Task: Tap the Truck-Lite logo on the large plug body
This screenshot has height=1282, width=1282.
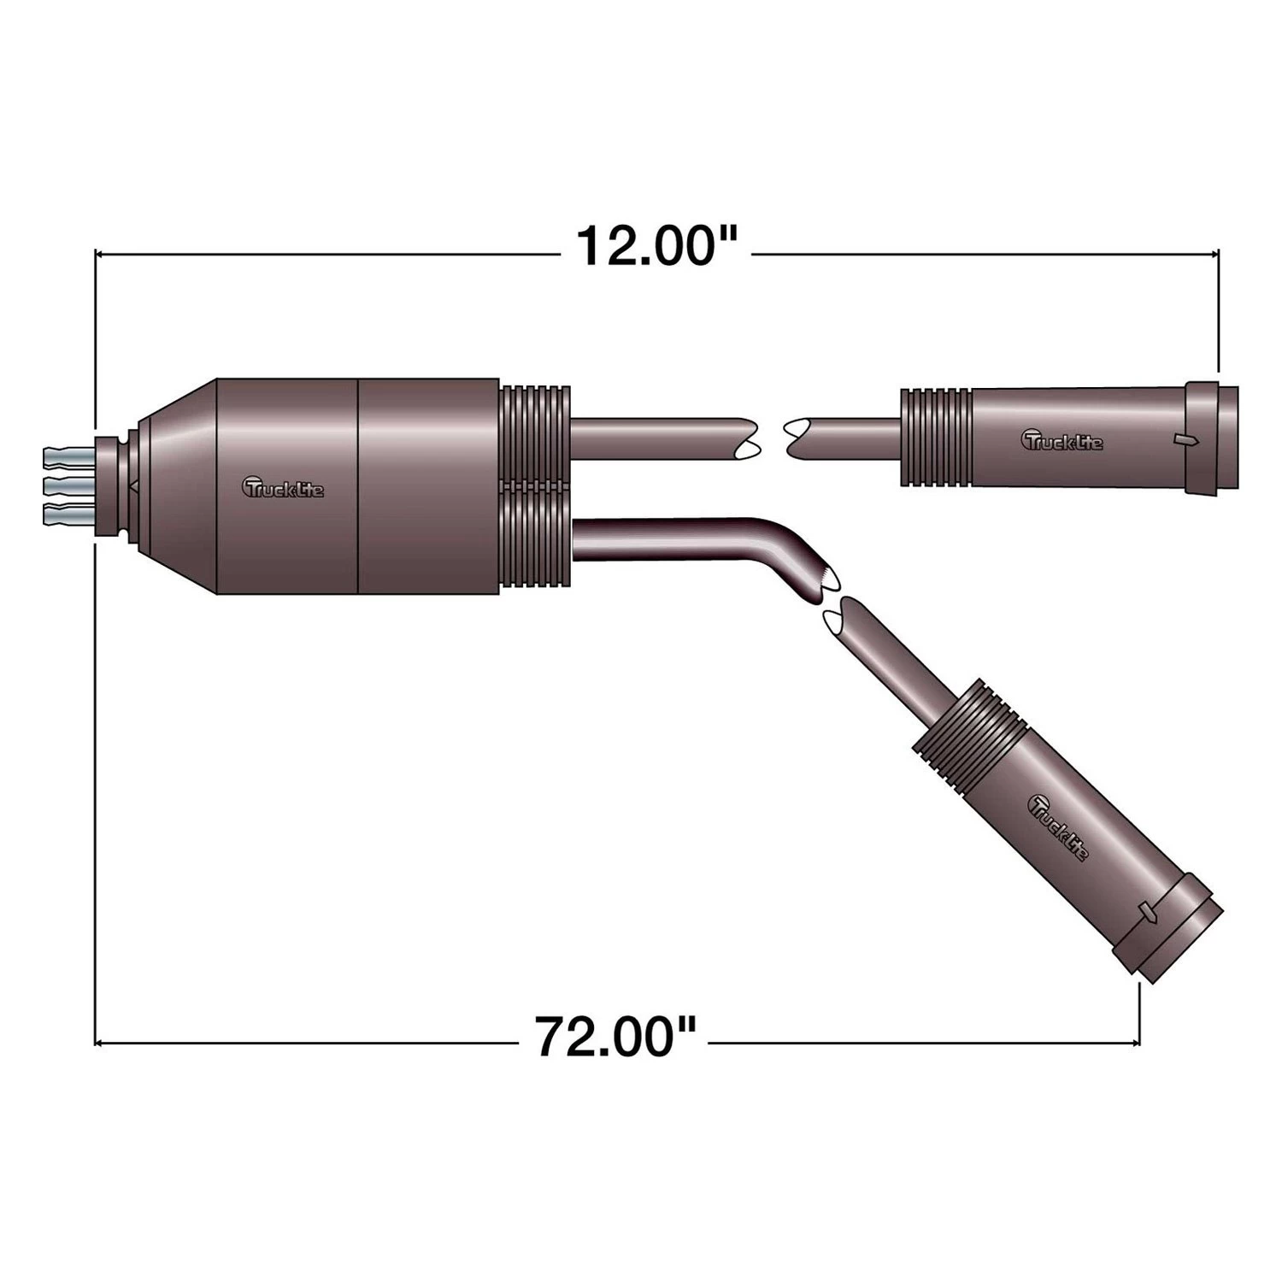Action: pyautogui.click(x=284, y=487)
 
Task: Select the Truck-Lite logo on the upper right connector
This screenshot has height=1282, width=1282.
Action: pyautogui.click(x=1062, y=440)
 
